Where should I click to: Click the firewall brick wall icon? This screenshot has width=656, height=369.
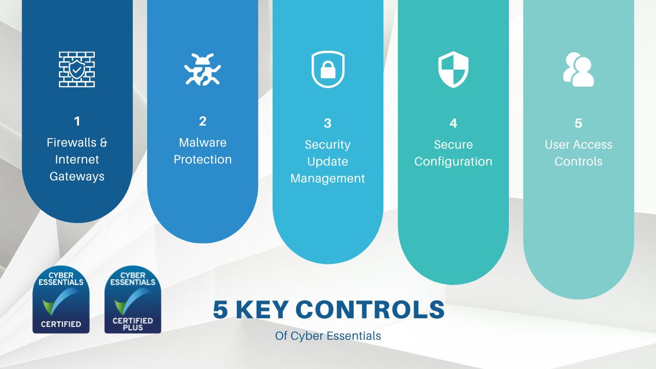point(77,69)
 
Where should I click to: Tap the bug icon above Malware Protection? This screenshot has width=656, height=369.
point(202,69)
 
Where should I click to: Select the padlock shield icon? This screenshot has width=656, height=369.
point(327,70)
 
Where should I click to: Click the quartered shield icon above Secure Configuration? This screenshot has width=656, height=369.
point(453,69)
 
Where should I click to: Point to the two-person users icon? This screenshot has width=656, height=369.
point(579,70)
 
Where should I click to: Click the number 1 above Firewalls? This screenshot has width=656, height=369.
point(77,121)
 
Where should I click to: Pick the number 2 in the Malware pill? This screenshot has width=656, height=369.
point(202,121)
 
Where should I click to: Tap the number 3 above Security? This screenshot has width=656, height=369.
point(327,124)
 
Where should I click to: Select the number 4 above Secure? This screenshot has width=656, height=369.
point(453,124)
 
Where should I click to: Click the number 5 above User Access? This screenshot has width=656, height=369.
point(579,124)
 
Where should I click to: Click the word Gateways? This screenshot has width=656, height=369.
point(77,176)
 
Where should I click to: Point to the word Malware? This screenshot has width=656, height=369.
point(202,142)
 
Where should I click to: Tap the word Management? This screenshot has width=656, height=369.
point(327,178)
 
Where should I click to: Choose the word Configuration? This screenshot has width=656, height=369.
point(453,161)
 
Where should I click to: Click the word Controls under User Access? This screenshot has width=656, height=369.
point(579,161)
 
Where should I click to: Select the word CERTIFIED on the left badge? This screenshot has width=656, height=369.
point(61,324)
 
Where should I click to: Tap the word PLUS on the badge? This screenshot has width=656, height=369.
point(133,327)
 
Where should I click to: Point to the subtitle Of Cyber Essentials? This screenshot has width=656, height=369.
point(328,336)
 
